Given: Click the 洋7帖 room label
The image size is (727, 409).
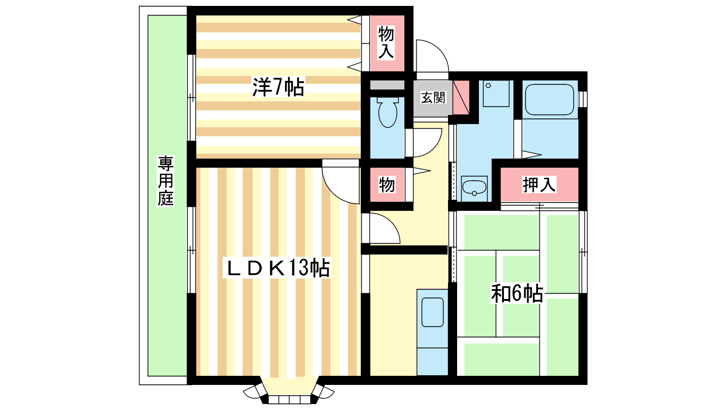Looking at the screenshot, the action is [278, 87].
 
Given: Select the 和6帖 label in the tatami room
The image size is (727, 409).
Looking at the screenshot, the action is [517, 293].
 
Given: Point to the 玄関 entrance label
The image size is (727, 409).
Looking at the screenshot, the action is [433, 97].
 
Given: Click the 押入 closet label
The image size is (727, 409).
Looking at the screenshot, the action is [539, 185].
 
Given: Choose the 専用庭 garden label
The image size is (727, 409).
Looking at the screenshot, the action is [165, 181].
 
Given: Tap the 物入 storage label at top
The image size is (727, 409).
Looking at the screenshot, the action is [386, 43].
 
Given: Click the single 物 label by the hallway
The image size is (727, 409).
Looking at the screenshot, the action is [387, 185].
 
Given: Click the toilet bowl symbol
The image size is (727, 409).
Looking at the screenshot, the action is [388, 112].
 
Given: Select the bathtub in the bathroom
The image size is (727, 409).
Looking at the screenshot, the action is [549, 100].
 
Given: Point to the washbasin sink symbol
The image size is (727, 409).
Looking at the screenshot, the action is [474, 188].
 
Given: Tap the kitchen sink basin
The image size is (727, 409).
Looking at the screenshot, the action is [432, 312].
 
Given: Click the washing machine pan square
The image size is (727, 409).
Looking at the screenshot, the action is [496, 94].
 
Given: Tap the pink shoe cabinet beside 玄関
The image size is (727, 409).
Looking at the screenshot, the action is [461, 97].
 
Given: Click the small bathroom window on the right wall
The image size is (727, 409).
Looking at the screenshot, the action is [583, 99].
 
